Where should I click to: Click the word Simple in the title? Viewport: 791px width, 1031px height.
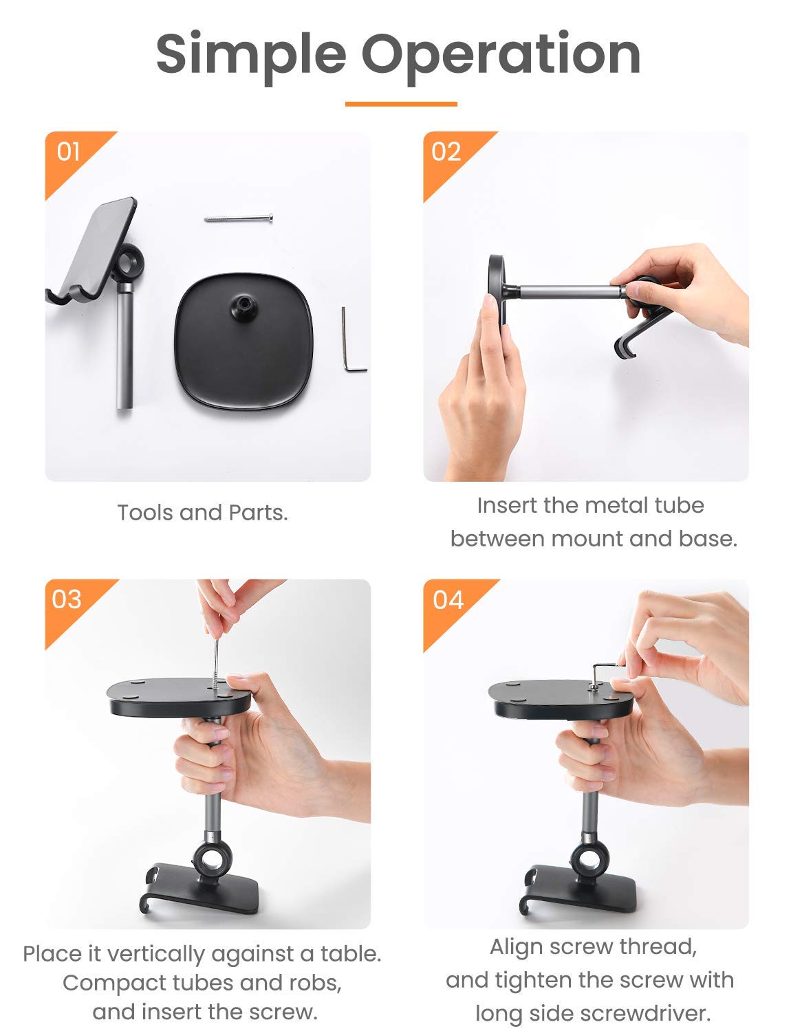click(x=250, y=54)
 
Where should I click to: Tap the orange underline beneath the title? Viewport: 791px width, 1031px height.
click(x=401, y=104)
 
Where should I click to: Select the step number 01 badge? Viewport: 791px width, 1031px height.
click(x=69, y=151)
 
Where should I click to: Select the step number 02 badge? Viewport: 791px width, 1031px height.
click(x=446, y=151)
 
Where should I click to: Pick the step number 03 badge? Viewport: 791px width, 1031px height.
click(x=67, y=599)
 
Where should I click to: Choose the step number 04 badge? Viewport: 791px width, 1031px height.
click(x=448, y=600)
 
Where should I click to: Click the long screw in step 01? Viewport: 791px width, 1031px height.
click(x=238, y=219)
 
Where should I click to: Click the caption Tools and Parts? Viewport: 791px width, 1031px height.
click(x=202, y=513)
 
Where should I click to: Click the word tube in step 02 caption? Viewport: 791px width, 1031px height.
click(x=678, y=505)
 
